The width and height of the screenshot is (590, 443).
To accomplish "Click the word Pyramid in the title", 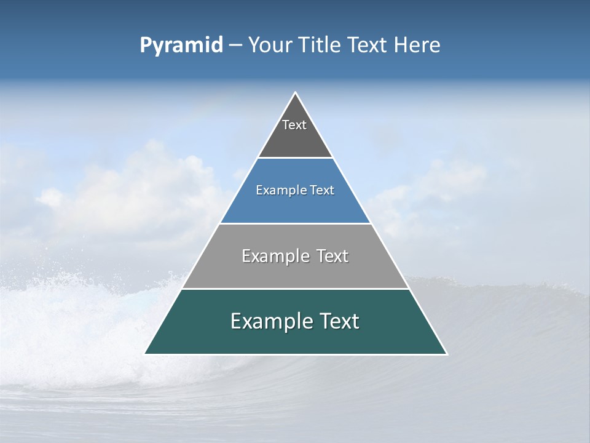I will pos(181,46).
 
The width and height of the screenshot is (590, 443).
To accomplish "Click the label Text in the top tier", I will pos(294,125).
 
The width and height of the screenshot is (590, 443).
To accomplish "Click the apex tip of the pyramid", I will pos(295,93).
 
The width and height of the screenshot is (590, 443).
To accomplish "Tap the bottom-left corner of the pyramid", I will pos(145,354).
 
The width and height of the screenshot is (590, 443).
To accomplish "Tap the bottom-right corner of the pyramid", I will pos(447,354).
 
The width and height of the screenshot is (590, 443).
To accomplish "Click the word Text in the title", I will pos(369,46).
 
